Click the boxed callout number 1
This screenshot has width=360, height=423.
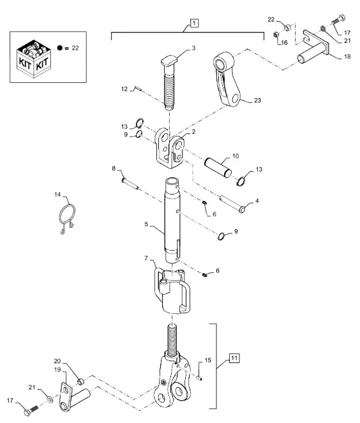tap(194, 23)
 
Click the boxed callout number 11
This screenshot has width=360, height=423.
tap(234, 358)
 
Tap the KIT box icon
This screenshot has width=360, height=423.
tap(34, 59)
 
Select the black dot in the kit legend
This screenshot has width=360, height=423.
tap(59, 48)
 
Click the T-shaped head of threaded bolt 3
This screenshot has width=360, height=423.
tap(169, 61)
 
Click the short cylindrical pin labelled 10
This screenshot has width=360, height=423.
tap(218, 168)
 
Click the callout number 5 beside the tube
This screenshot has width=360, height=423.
tap(146, 224)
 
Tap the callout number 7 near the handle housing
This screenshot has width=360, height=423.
tap(146, 258)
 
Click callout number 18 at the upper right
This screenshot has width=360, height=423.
tap(347, 56)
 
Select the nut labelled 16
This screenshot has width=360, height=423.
tap(276, 34)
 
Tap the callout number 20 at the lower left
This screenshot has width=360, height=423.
tap(57, 361)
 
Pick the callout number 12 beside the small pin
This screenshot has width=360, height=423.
tap(124, 89)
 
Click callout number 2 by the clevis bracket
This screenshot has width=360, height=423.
tap(193, 132)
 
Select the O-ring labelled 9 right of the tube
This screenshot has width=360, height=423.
tap(221, 236)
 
